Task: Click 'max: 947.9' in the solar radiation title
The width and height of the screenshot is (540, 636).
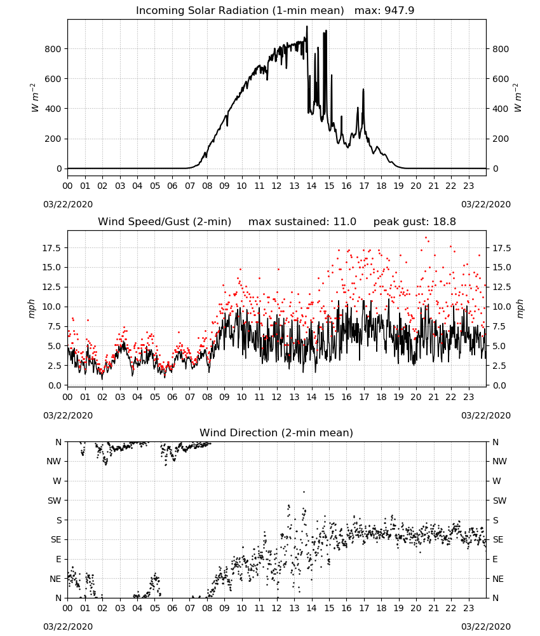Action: [384, 10]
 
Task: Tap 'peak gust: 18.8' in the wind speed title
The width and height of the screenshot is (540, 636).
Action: [414, 221]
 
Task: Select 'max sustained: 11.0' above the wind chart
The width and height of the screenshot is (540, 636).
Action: [302, 221]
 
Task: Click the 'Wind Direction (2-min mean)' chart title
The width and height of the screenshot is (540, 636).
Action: [276, 432]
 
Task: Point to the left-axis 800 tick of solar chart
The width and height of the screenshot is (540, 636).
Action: [53, 49]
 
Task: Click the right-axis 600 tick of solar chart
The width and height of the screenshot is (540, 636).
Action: [501, 79]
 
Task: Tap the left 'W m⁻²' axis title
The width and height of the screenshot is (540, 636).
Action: [34, 98]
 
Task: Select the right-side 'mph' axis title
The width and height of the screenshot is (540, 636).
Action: [520, 308]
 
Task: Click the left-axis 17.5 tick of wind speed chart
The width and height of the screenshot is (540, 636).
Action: [52, 248]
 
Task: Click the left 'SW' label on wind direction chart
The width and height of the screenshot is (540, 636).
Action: [55, 501]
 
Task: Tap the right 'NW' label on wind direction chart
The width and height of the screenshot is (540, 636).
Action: [499, 461]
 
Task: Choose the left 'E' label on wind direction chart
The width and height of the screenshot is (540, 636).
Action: [58, 559]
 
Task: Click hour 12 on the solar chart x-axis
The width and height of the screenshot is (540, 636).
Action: [277, 186]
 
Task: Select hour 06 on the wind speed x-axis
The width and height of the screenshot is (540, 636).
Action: [172, 397]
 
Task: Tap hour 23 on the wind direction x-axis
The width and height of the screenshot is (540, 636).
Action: [469, 608]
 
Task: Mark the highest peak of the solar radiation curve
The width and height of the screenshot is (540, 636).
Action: [307, 26]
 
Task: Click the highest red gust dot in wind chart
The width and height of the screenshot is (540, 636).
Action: [426, 237]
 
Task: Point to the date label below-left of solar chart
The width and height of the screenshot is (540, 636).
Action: [68, 204]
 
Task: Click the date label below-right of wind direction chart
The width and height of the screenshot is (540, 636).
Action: [486, 626]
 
